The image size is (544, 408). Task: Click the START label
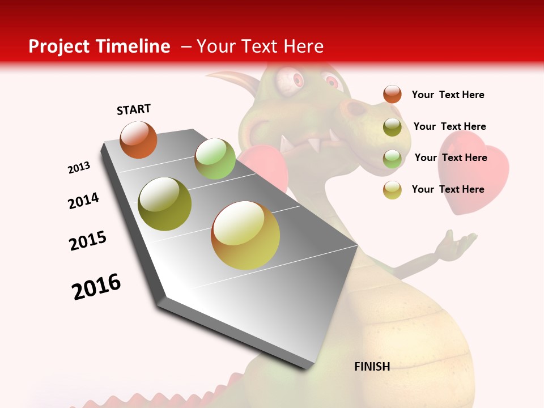[134, 109]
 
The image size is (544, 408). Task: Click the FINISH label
[372, 367]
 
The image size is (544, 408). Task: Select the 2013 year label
[79, 168]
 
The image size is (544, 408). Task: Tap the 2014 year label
[83, 201]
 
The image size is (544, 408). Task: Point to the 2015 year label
[88, 241]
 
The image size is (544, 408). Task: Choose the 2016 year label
[96, 287]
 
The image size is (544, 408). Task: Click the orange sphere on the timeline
[138, 139]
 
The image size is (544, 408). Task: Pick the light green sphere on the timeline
[215, 159]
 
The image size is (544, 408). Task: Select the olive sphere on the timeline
[165, 204]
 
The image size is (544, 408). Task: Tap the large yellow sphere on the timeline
[245, 235]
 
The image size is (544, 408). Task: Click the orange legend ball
[392, 94]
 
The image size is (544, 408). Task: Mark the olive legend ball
[392, 127]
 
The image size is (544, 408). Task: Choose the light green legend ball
[392, 159]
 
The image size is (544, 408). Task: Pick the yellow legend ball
[392, 190]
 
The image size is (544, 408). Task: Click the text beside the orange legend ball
[448, 95]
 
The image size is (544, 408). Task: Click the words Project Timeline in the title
[99, 46]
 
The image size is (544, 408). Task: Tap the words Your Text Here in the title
[260, 46]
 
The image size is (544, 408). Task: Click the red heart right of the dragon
[474, 170]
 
